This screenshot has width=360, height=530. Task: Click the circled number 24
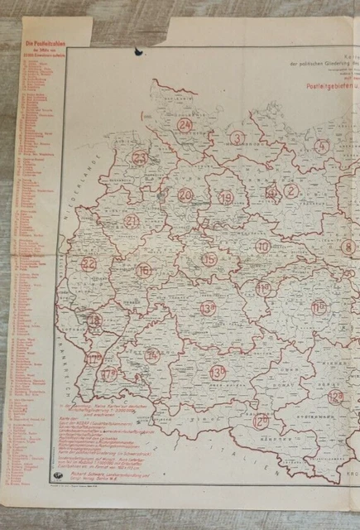point(185,125)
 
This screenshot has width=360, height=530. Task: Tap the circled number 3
point(238,138)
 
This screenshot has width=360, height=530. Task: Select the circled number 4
point(322,147)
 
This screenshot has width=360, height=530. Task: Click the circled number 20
point(185,195)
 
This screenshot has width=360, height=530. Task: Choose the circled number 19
point(226,197)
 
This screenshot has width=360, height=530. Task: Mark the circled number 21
point(132,221)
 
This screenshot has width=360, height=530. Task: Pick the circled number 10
point(262,246)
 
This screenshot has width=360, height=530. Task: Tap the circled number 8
point(348,246)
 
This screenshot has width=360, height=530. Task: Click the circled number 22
point(89,265)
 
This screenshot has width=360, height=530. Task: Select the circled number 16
point(144,271)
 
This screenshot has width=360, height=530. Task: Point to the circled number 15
point(209,260)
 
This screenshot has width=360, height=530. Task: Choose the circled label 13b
point(218,372)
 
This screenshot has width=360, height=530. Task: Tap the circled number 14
point(152,355)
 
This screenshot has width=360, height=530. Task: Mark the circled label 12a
point(335,397)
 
